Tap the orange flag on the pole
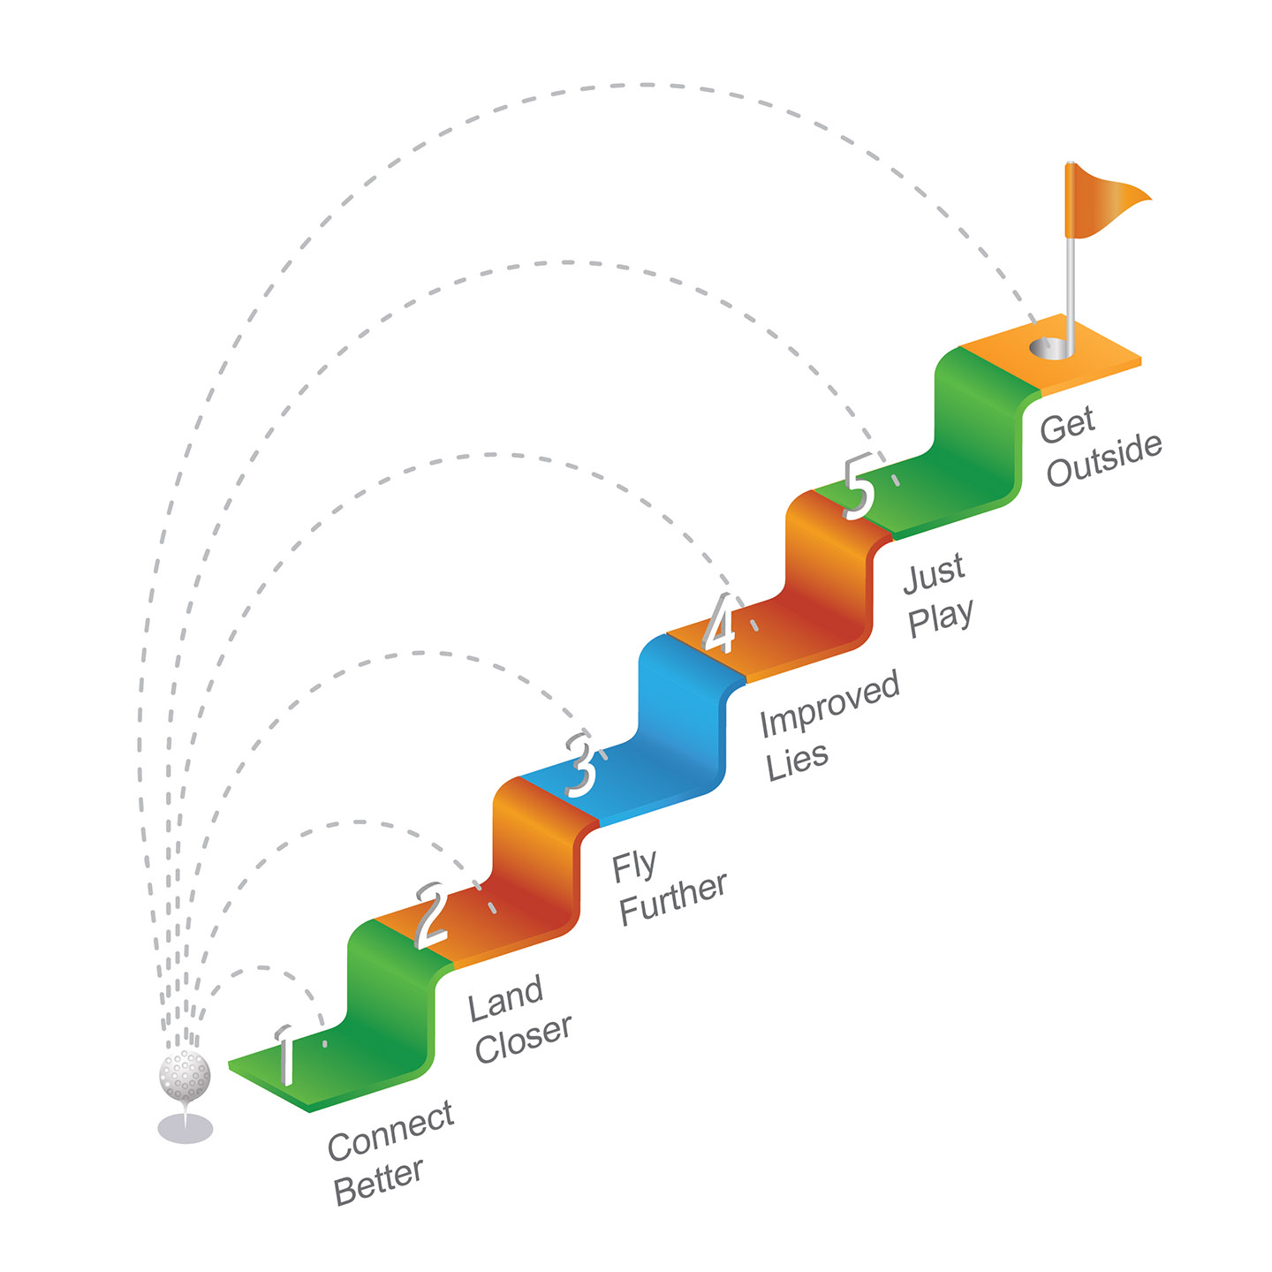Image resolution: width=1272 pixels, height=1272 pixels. coord(1102,200)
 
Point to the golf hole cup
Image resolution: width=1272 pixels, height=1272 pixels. coord(1049,348)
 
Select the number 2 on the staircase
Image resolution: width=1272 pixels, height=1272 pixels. coord(432,915)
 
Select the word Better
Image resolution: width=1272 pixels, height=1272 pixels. coord(378,1182)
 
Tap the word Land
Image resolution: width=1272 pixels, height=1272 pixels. coord(505,999)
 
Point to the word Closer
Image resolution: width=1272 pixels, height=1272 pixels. coord(524,1040)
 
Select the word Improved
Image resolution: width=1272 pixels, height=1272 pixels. coord(829,704)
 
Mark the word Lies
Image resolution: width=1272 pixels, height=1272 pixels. coord(797,761)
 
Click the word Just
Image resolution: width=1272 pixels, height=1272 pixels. coord(934,573)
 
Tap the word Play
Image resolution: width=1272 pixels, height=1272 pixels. coord(941,617)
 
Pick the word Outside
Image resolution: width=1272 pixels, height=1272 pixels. coord(1103,460)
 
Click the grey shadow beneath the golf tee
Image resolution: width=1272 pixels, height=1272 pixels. coord(185,1128)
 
